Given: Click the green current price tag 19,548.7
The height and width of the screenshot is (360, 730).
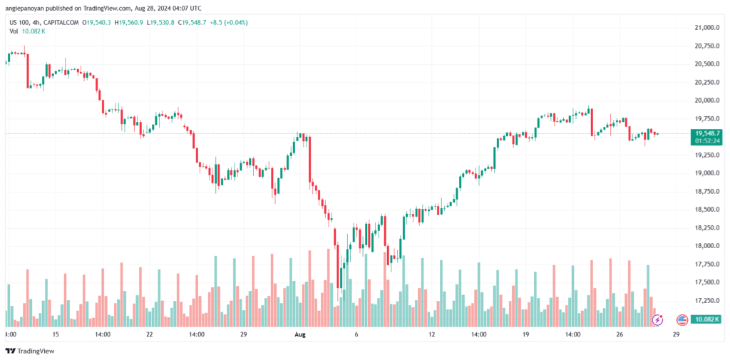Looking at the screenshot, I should [706, 133].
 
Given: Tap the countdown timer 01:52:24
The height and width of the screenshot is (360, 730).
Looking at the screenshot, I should [706, 141].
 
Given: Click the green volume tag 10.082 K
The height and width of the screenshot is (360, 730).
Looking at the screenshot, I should [706, 319].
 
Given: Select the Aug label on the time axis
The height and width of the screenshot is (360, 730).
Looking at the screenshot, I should [299, 334].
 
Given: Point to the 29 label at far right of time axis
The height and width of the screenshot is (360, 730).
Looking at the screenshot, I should [676, 334].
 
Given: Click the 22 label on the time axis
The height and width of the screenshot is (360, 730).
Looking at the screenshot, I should [149, 334].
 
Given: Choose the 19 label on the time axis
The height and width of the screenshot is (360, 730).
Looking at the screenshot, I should [526, 334].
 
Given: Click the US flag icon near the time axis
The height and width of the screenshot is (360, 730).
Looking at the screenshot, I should [681, 319].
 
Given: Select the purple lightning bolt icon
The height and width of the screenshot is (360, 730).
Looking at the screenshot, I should [657, 320].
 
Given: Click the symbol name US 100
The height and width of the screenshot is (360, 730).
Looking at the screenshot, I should [19, 23].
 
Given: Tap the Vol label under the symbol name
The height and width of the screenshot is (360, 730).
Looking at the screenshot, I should [14, 33].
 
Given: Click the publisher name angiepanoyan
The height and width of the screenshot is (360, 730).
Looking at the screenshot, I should [27, 8].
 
